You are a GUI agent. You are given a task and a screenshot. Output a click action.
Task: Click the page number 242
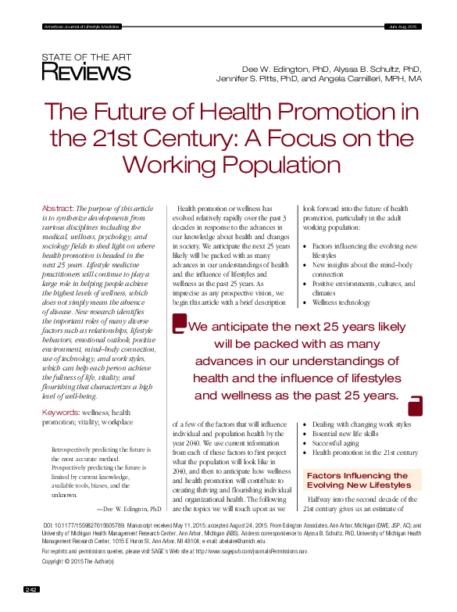point(32,589)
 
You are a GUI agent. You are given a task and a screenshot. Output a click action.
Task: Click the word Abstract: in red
point(57,209)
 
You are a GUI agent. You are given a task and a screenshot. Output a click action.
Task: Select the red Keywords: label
point(60,412)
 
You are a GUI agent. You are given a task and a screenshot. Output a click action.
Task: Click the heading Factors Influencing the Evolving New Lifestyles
point(358,481)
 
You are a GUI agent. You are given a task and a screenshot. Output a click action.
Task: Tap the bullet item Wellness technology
point(341,302)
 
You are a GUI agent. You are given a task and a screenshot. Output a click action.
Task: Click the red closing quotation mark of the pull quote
point(415,405)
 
